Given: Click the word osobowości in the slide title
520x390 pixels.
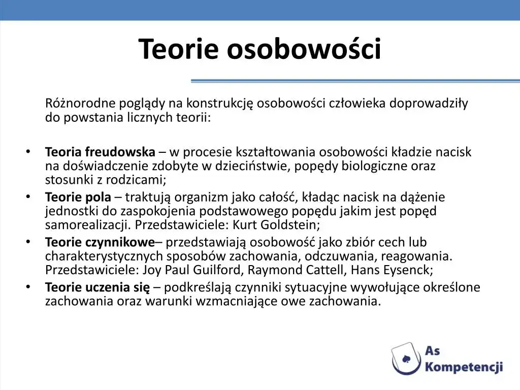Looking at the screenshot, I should click(x=303, y=49).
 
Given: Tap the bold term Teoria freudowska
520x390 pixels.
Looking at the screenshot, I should click(x=100, y=152).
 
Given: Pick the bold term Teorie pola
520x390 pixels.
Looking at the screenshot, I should click(x=78, y=197).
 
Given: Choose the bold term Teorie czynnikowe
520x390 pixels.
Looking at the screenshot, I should click(x=100, y=242).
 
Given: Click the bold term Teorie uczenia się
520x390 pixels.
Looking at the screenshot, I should click(x=97, y=287).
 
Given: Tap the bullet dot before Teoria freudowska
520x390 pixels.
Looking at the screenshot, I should click(x=28, y=152).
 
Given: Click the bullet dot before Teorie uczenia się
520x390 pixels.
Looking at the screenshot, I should click(x=28, y=287).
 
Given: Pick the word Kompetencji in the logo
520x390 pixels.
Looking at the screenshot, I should click(x=464, y=367).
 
